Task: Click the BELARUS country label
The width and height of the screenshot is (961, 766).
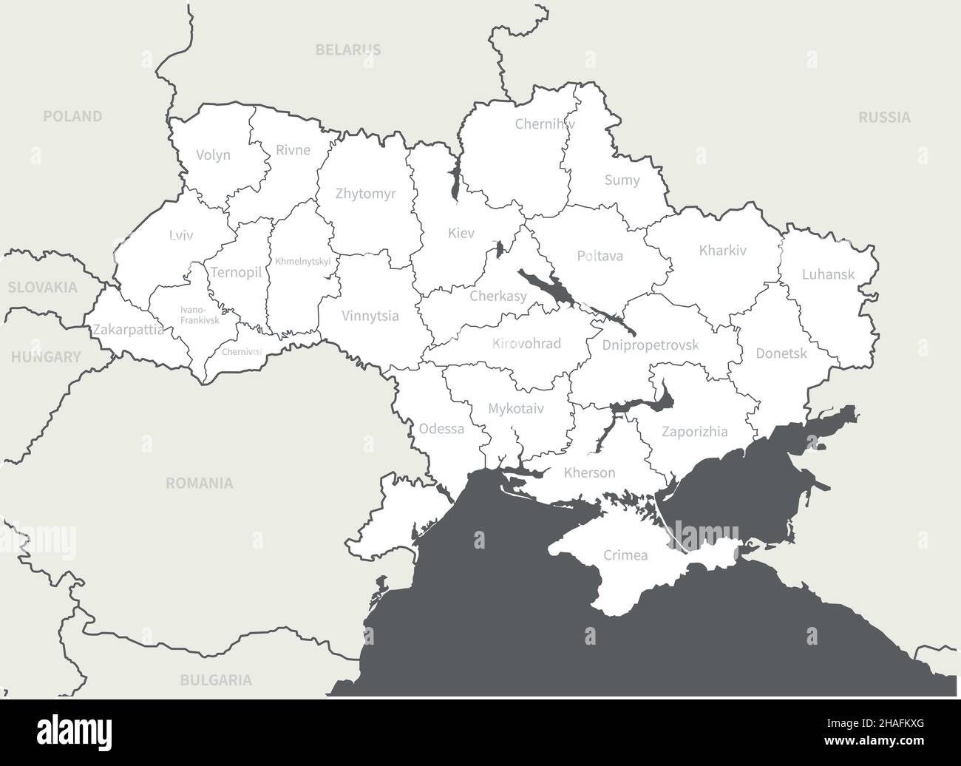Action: coord(348,50)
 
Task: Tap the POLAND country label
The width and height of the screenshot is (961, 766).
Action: coord(72,116)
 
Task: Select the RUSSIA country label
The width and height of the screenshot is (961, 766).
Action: coord(884,117)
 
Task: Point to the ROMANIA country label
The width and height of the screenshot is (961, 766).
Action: coord(199,484)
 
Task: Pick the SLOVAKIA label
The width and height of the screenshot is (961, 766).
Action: coord(43,288)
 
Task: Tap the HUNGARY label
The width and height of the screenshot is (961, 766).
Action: coord(46,357)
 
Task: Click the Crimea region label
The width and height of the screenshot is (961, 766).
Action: coord(625,555)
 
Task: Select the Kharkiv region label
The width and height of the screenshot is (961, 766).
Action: coord(722,251)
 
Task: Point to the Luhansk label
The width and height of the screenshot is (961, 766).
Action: coord(828,274)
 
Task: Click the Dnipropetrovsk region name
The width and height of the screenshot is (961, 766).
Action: coord(650,345)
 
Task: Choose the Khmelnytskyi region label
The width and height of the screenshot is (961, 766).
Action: coord(302,262)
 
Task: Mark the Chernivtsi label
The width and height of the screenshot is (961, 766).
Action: coord(242,352)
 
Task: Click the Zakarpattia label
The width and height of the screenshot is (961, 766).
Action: coord(128,331)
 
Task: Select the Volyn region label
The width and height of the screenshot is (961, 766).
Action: coord(213,155)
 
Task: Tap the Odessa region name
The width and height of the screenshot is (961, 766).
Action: coord(441,429)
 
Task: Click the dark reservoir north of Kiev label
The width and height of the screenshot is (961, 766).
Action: coord(453,185)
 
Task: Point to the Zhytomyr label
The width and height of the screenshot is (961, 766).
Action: coord(365,194)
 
